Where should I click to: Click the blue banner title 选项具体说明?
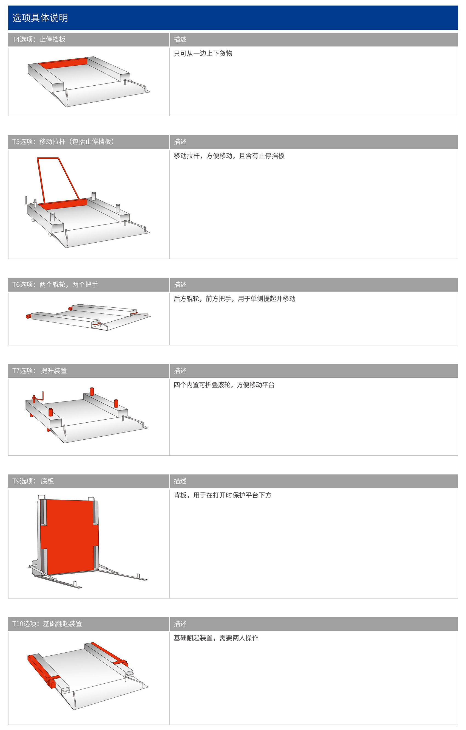[x=40, y=18]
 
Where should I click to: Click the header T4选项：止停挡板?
[x=39, y=40]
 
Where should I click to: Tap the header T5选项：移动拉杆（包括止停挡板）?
[x=63, y=142]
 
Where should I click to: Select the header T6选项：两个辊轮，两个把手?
[x=55, y=284]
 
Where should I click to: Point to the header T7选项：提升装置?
[x=39, y=370]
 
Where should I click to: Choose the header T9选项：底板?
[x=33, y=481]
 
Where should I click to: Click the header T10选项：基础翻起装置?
[x=47, y=624]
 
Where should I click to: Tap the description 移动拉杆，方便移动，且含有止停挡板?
[x=229, y=156]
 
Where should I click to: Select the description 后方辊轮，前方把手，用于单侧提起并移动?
[x=234, y=299]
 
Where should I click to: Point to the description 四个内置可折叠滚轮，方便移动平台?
[x=224, y=385]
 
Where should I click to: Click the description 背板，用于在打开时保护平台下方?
[x=222, y=495]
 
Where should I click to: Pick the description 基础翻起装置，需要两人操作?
[x=216, y=638]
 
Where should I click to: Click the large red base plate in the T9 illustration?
[x=70, y=536]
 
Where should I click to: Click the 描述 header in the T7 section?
[x=180, y=370]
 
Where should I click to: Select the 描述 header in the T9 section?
[x=180, y=481]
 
